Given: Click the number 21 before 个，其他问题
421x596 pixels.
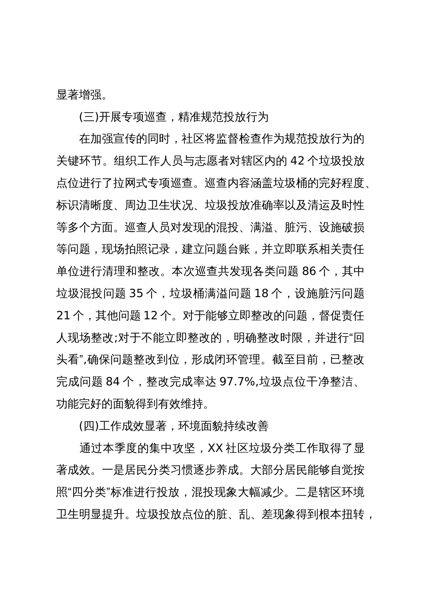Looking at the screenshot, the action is click(x=64, y=316).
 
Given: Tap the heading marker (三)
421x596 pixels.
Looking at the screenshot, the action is click(x=89, y=117).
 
